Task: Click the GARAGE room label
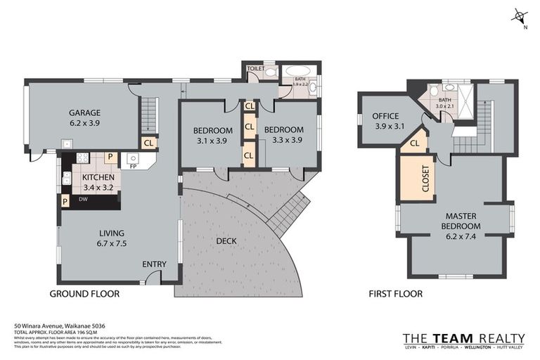[84, 117]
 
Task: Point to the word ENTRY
[154, 264]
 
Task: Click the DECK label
[226, 241]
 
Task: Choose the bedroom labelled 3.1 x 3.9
[212, 134]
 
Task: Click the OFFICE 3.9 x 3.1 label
[385, 121]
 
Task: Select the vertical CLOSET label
[425, 179]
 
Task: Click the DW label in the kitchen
[82, 200]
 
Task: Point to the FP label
[132, 167]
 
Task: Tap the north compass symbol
[520, 16]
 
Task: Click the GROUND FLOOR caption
[84, 294]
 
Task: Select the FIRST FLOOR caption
[395, 294]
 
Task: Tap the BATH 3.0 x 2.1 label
[445, 103]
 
